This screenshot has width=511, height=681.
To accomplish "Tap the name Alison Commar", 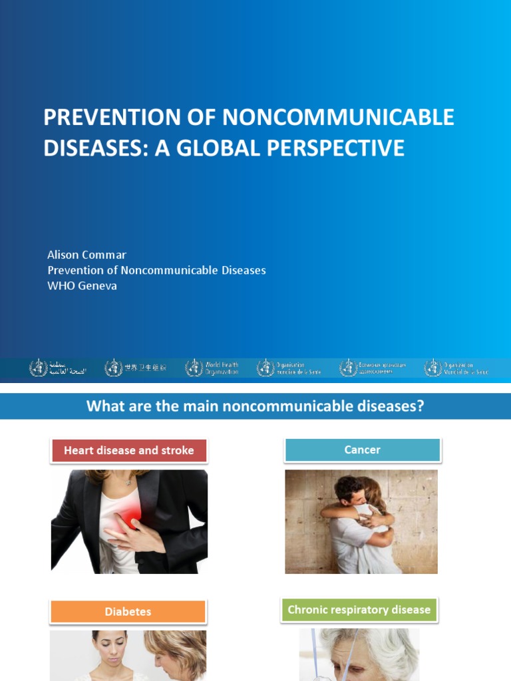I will pyautogui.click(x=86, y=255).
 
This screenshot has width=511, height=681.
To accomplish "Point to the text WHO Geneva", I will pyautogui.click(x=83, y=285).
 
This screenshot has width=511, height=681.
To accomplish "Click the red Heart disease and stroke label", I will pyautogui.click(x=129, y=451).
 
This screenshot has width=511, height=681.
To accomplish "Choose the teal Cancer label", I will pyautogui.click(x=363, y=450).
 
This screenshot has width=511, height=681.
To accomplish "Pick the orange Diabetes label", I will pyautogui.click(x=128, y=612).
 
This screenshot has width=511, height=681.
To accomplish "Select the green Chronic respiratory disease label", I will pyautogui.click(x=359, y=610).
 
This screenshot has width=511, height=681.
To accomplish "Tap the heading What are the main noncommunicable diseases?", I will pyautogui.click(x=255, y=406).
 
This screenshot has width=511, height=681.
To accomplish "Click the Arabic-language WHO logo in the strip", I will pyautogui.click(x=59, y=368).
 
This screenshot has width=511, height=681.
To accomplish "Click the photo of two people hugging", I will pyautogui.click(x=361, y=521).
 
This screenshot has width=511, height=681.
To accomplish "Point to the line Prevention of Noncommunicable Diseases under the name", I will pyautogui.click(x=156, y=270).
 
